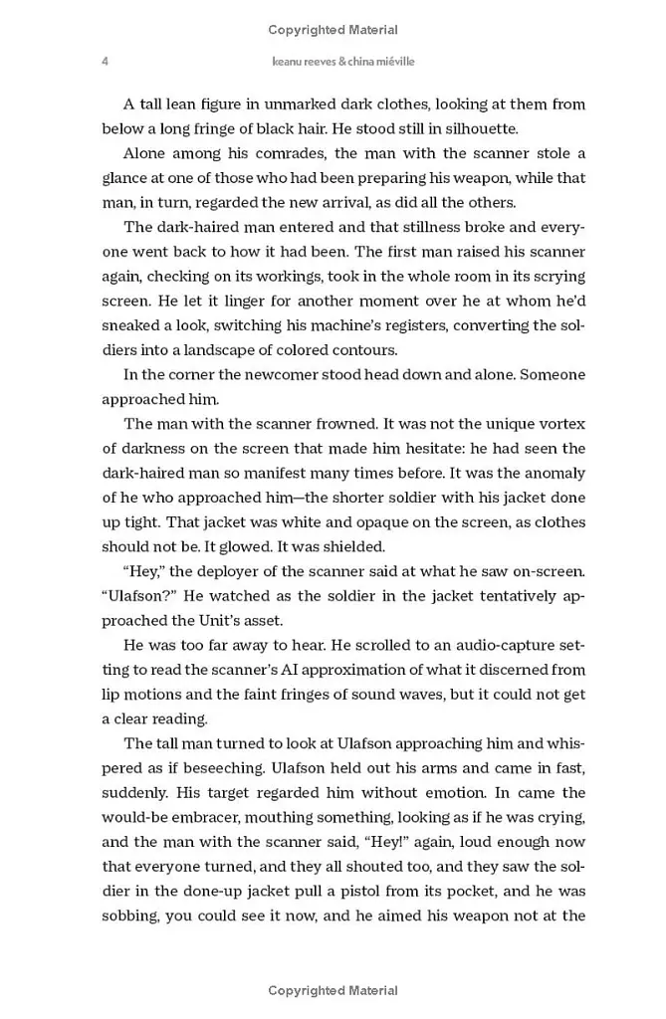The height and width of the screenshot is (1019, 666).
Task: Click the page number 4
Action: pyautogui.click(x=106, y=62)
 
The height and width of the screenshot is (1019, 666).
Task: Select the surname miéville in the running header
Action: pyautogui.click(x=390, y=62)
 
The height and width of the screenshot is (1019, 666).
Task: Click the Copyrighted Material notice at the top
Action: pyautogui.click(x=333, y=30)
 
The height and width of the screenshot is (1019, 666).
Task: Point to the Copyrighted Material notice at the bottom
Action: pyautogui.click(x=333, y=991)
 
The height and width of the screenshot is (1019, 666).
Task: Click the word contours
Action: pyautogui.click(x=360, y=350)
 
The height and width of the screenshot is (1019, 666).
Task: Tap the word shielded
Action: pyautogui.click(x=348, y=546)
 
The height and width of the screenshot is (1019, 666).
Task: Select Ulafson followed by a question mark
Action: pyautogui.click(x=138, y=596)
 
